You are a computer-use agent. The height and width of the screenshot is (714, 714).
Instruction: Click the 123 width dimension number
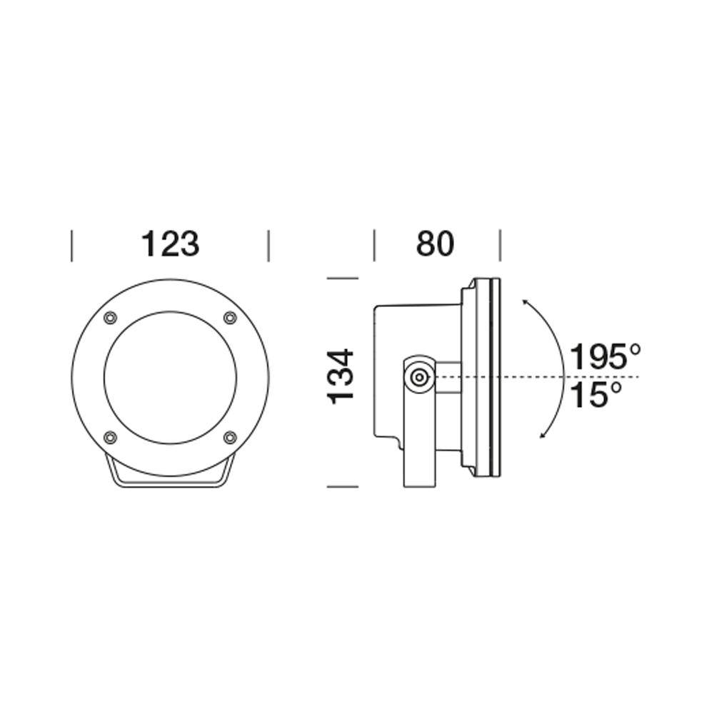(170, 244)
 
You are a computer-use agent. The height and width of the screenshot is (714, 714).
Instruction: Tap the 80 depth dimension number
(435, 244)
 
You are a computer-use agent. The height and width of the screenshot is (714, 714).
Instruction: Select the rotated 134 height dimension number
(341, 376)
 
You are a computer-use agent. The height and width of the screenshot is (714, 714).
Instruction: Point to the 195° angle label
(605, 357)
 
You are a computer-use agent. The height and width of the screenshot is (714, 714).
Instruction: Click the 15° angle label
(595, 395)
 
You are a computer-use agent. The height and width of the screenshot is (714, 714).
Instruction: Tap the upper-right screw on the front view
(230, 318)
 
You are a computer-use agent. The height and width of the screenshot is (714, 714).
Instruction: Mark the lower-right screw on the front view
(230, 437)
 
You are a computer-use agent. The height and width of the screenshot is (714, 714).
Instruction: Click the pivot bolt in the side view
(419, 377)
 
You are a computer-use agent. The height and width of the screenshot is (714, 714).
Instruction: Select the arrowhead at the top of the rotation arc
(526, 303)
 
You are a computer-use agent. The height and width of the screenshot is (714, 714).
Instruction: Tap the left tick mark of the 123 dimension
(71, 246)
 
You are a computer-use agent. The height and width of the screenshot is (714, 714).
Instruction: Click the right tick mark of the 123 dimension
(268, 246)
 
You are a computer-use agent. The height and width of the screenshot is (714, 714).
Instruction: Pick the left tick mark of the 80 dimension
(375, 246)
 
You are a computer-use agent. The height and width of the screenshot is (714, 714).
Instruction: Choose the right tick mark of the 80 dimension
(500, 246)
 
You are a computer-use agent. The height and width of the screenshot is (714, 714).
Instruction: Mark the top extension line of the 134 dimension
(341, 277)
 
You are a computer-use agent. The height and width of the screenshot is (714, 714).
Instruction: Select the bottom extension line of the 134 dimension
(341, 486)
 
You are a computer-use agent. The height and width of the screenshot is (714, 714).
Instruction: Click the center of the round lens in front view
(170, 377)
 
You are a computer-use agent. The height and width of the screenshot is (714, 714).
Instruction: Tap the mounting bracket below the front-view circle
(170, 483)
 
